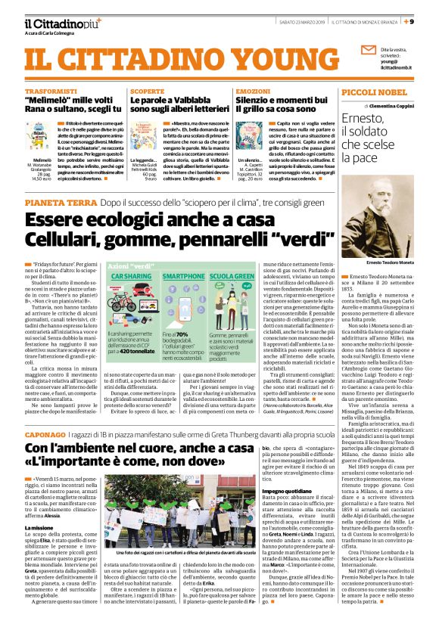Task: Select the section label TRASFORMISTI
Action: point(47,90)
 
